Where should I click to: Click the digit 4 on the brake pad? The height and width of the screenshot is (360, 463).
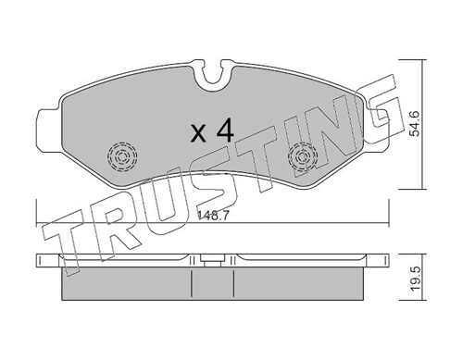[224, 130]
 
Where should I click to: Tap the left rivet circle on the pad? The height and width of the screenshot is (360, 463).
[119, 157]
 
